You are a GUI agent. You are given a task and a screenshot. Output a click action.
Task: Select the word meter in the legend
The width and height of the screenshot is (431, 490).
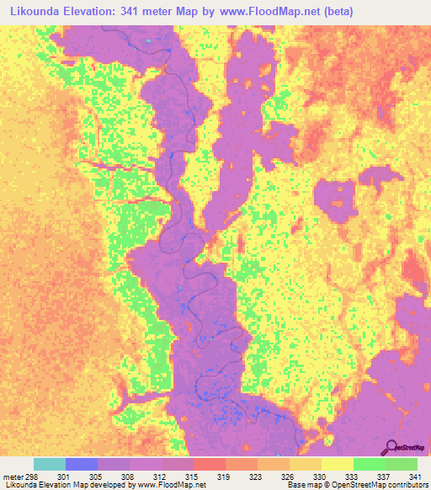(x=13, y=476)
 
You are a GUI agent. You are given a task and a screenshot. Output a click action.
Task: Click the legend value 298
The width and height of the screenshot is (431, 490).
(x=34, y=476)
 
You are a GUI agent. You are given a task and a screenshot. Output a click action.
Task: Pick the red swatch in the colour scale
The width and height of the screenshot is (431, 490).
(x=210, y=464)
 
